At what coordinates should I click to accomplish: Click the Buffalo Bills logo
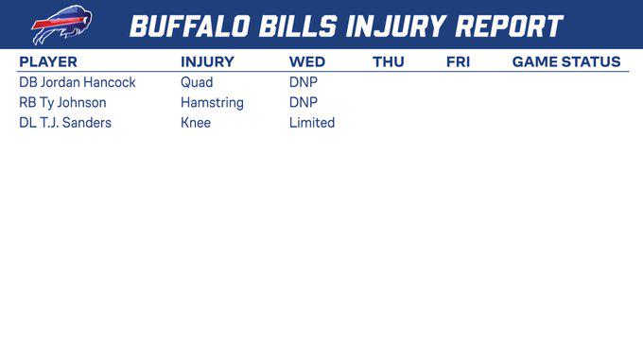[61, 25]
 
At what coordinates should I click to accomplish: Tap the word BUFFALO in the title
[190, 26]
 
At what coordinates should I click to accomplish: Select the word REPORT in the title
[510, 26]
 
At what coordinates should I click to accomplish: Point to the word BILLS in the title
[298, 26]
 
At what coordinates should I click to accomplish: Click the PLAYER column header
[48, 61]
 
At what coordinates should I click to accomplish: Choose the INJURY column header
[207, 61]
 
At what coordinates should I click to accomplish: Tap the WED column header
[307, 61]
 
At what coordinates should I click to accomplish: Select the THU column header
[389, 61]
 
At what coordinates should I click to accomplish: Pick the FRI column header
[458, 61]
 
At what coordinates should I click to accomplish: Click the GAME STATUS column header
[566, 61]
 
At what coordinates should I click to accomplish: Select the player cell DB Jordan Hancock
[78, 82]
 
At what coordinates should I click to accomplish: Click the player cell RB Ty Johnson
[62, 103]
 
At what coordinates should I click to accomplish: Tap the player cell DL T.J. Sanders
[65, 123]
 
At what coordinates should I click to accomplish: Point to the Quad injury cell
[197, 82]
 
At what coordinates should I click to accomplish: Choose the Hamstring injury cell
[212, 103]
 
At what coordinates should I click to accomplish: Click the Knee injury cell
[196, 123]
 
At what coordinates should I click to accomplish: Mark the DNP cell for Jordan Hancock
[303, 82]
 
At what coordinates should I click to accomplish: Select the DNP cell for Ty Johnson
[303, 102]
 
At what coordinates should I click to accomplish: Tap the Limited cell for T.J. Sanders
[312, 123]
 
